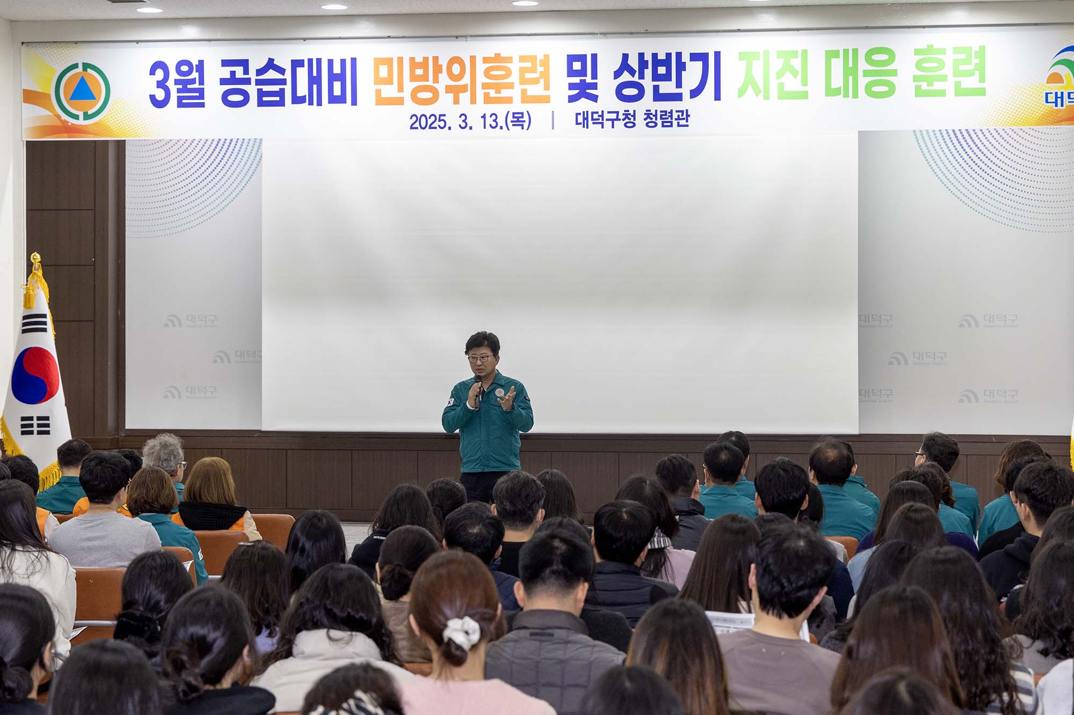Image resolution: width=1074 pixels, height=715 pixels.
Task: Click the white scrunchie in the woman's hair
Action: (461, 631)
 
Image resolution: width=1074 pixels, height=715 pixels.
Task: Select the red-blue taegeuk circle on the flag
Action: (35, 375)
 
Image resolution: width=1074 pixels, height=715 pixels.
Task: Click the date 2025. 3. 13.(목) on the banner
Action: (470, 121)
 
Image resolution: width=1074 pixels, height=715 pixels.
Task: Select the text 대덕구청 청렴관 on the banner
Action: (632, 119)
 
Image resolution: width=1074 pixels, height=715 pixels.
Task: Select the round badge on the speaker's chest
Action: (499, 395)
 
